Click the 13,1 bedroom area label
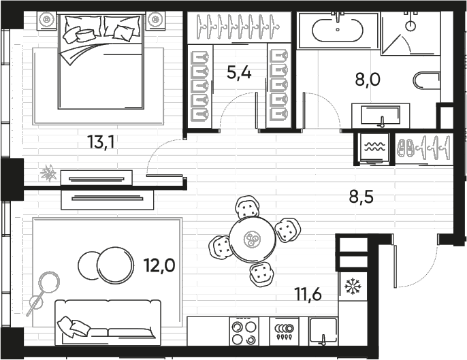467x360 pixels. click(101, 142)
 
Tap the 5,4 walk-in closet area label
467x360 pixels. click(239, 73)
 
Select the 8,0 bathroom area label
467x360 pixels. click(368, 80)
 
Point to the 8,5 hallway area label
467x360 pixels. click(361, 197)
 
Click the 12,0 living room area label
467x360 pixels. click(159, 265)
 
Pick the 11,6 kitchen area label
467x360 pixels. click(308, 295)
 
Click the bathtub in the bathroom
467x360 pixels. click(338, 30)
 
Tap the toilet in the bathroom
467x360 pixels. click(427, 80)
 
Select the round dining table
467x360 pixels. click(253, 239)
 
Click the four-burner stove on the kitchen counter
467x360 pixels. click(244, 331)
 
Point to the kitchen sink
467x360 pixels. click(323, 331)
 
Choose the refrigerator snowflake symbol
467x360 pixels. click(353, 286)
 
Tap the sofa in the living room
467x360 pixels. click(108, 323)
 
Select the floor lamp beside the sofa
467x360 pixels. click(43, 293)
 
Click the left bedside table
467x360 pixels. click(47, 20)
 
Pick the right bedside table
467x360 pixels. click(155, 20)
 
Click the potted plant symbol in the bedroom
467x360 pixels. click(48, 173)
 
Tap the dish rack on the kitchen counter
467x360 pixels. click(284, 331)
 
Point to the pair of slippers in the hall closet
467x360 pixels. click(406, 147)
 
